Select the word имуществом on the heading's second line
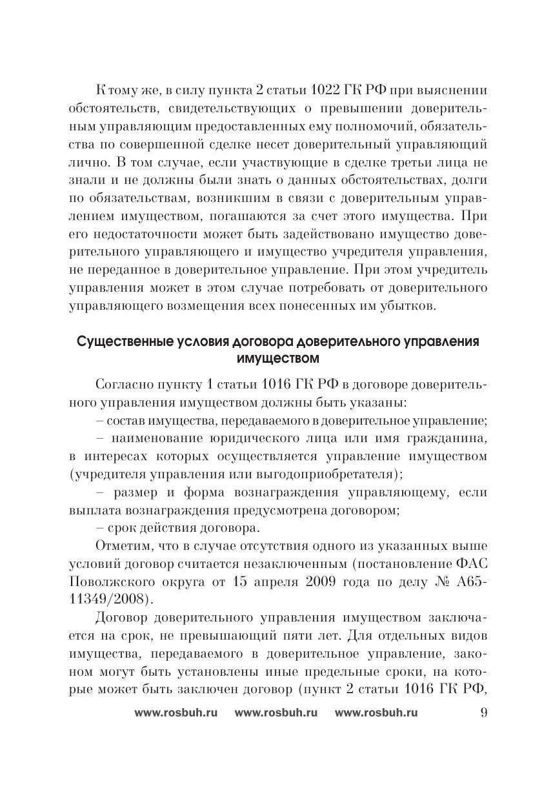point(277,357)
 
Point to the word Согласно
point(123,386)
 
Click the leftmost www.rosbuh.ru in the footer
point(176,713)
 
